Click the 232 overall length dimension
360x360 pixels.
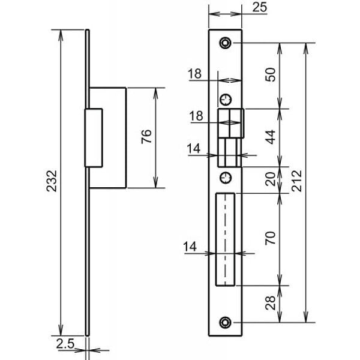pos(52,181)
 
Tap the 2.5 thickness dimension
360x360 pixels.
pos(65,344)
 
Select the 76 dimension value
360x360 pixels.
pos(146,137)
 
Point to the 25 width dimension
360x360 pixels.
pos(260,7)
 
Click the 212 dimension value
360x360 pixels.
pos(296,181)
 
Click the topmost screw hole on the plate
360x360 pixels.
pos(225,43)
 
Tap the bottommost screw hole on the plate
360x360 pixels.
pos(225,322)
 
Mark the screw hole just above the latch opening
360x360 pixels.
pos(226,100)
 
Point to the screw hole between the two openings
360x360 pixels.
pos(226,178)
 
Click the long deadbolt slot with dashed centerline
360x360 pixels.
pos(225,239)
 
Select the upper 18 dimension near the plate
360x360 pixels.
pos(194,74)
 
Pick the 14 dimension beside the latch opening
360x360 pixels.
pos(194,149)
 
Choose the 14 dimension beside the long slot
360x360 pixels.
pos(190,247)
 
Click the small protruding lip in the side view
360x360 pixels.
pos(94,138)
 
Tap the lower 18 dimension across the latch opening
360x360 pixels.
pos(196,116)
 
